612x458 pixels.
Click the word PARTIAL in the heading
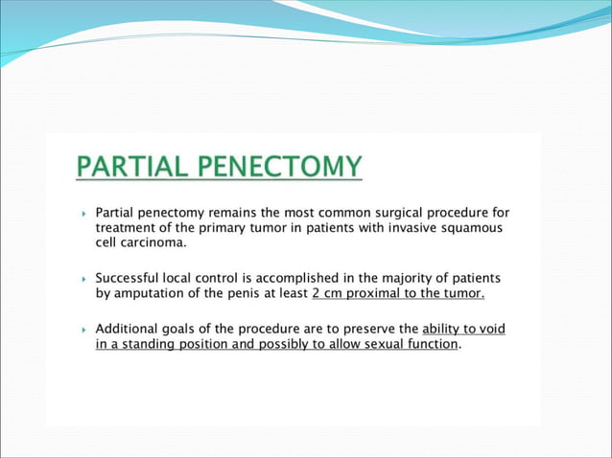coord(135,167)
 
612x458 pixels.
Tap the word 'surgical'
coord(400,212)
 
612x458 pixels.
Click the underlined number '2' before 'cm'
coord(317,294)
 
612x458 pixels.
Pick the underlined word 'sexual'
coord(368,345)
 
